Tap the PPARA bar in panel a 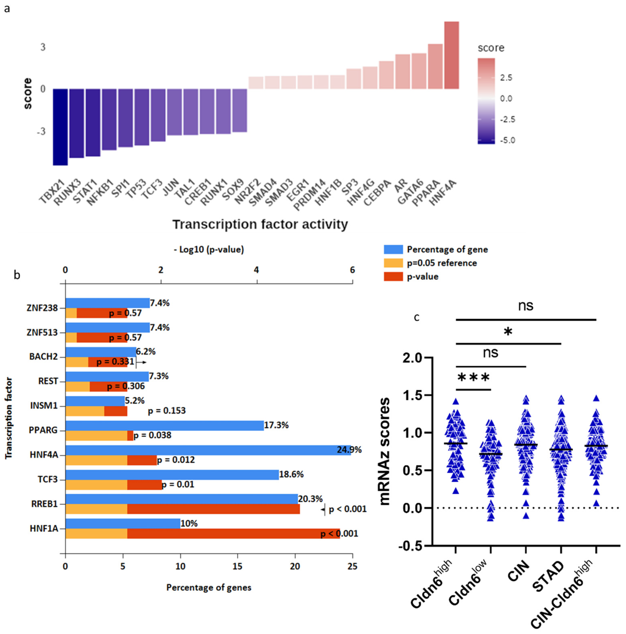pos(435,66)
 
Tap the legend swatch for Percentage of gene pos(393,249)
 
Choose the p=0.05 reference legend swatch pos(393,263)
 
